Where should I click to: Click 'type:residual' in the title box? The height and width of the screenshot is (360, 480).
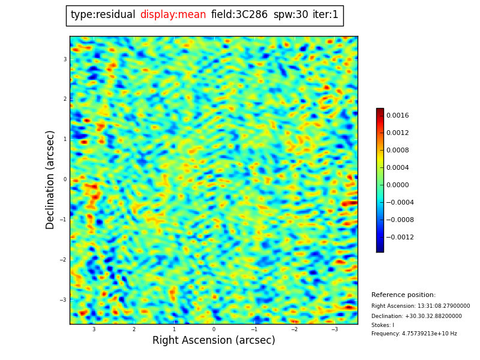[103, 15]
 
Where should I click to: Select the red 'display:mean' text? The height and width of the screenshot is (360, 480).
[173, 15]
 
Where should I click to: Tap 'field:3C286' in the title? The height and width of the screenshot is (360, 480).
[239, 15]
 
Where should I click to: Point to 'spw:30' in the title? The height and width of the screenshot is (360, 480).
[290, 15]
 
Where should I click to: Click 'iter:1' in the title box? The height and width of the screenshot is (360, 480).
[325, 15]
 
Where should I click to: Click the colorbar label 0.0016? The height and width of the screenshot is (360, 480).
[397, 115]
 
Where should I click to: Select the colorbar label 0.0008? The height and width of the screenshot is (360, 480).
[397, 150]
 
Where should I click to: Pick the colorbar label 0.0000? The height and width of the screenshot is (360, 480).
[397, 185]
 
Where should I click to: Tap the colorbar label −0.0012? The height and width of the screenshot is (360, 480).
[400, 237]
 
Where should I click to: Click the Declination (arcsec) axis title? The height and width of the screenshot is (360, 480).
[50, 179]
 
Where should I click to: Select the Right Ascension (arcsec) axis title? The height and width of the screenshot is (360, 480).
[214, 340]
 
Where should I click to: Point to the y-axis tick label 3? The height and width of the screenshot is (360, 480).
[65, 59]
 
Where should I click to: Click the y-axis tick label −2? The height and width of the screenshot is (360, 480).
[63, 260]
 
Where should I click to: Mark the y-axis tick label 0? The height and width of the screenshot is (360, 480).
[65, 179]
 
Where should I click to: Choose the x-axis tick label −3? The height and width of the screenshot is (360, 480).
[334, 329]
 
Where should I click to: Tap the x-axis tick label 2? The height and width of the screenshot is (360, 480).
[134, 329]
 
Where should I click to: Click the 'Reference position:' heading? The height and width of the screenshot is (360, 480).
[403, 295]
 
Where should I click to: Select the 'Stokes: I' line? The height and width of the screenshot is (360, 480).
[383, 325]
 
